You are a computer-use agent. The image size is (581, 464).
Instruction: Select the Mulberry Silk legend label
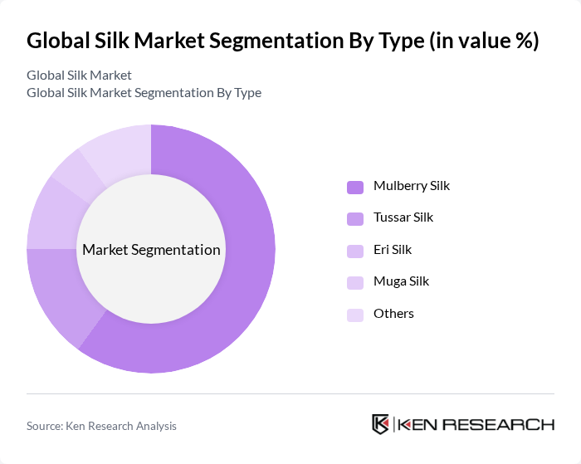click(411, 186)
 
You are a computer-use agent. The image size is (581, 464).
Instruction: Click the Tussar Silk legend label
click(403, 217)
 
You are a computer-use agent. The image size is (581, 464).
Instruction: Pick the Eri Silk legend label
click(392, 249)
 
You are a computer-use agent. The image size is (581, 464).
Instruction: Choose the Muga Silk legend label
click(401, 281)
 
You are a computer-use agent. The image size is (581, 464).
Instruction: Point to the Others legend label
click(393, 313)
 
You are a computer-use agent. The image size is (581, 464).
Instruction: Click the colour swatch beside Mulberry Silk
click(354, 187)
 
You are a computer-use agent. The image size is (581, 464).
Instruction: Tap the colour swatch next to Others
click(354, 314)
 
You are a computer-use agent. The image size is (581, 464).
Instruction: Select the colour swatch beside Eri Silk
click(354, 250)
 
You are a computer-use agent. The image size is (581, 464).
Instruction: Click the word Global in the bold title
click(57, 41)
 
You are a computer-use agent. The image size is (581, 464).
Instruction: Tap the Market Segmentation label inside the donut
click(151, 250)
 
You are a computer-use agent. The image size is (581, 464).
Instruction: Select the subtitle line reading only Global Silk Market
click(79, 75)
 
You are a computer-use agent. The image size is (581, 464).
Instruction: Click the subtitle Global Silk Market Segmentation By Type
click(144, 93)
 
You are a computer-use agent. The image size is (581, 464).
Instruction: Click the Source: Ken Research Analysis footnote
click(101, 426)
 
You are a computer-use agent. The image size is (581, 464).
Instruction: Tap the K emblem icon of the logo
click(382, 424)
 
